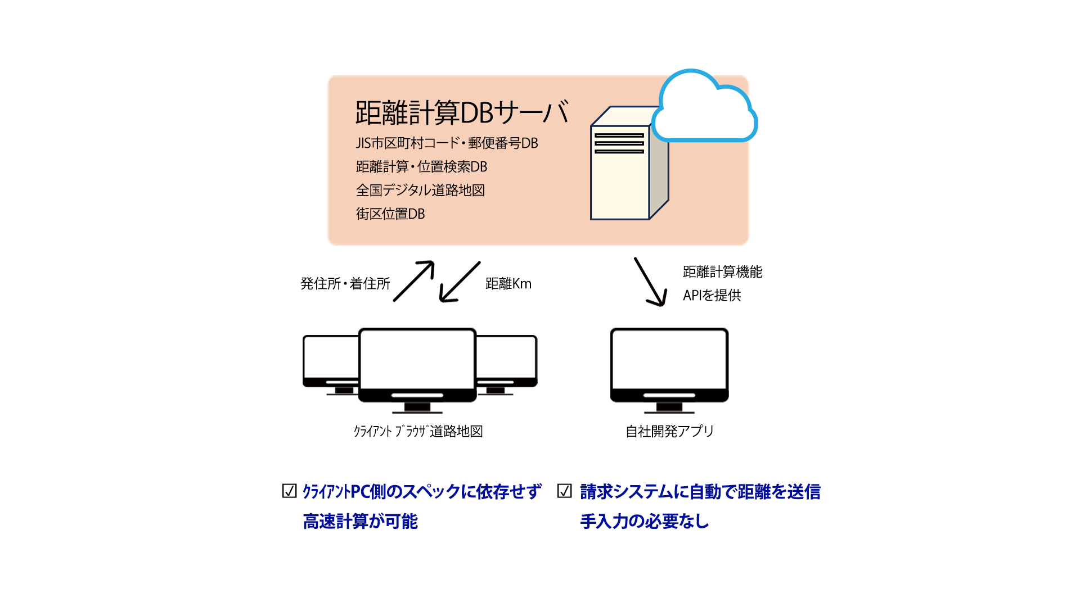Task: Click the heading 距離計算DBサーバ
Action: pos(462,113)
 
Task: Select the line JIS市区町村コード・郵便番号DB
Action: pos(447,143)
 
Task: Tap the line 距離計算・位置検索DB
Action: pos(421,167)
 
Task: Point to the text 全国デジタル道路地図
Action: pos(420,191)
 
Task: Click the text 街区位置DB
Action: pos(390,214)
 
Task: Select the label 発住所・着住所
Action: pos(345,284)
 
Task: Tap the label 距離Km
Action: pos(508,284)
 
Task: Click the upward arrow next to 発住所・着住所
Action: pos(414,281)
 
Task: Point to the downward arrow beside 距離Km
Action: pos(460,282)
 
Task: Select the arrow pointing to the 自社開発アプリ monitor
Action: pos(651,282)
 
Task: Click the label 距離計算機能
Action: pos(722,272)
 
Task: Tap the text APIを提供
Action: pos(712,296)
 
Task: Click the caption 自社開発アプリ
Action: pos(669,432)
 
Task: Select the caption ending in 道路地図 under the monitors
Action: pos(418,432)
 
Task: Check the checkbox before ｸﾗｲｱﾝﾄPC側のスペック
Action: pos(289,491)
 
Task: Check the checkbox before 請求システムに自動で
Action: pos(564,491)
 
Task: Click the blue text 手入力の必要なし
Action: pos(644,522)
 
